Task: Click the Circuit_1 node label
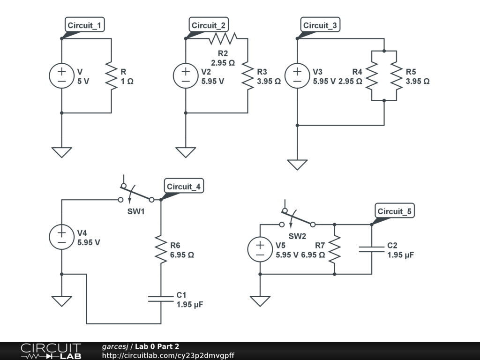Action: [85, 25]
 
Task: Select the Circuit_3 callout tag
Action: [320, 25]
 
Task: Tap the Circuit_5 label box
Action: [395, 211]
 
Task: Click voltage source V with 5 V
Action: [61, 76]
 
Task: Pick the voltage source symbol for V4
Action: [61, 237]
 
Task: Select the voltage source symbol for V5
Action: [260, 249]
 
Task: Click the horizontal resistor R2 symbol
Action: [223, 38]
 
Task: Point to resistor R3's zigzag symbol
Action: [247, 76]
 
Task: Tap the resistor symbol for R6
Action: [161, 249]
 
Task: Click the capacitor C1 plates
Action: [161, 299]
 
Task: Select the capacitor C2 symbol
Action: [372, 249]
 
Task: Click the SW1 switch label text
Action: [136, 211]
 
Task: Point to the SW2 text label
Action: [297, 236]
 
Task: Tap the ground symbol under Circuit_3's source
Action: [297, 165]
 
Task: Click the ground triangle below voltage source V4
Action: [61, 301]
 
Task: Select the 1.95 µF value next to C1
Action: [190, 305]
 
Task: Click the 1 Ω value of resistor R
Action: [127, 82]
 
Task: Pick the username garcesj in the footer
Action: [115, 346]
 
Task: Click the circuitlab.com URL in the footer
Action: [168, 355]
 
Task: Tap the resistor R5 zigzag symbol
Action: [397, 76]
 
